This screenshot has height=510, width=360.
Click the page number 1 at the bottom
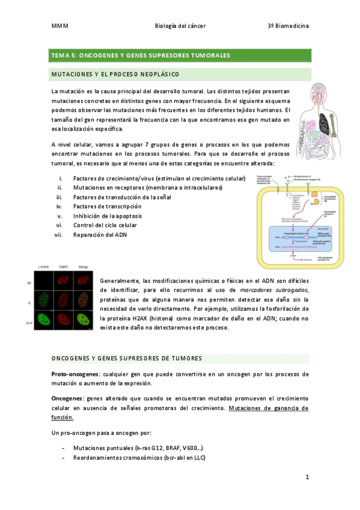tap(307, 478)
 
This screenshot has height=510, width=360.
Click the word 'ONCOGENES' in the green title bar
tap(101, 55)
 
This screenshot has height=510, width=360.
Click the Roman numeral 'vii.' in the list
tap(58, 235)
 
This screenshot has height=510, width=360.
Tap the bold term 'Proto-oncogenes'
tap(75, 374)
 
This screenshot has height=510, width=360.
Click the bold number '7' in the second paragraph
tap(146, 144)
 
